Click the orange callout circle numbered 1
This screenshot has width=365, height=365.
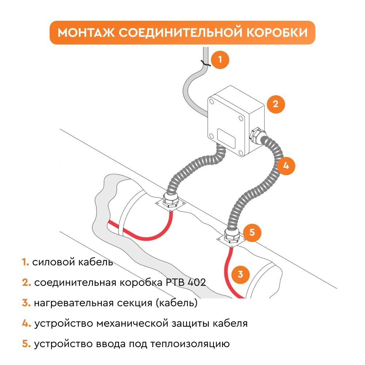click(220, 59)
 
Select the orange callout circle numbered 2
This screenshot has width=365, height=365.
click(276, 104)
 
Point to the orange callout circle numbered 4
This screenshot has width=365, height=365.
click(286, 166)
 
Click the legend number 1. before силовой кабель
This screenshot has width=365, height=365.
click(25, 262)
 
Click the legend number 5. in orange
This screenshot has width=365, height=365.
click(26, 344)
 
